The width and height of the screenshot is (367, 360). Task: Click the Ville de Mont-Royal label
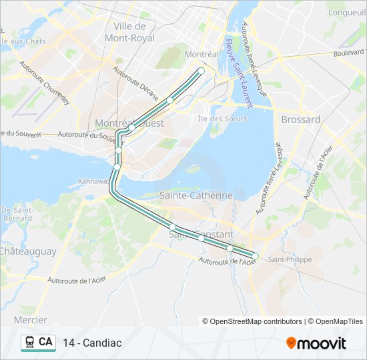pyautogui.click(x=134, y=32)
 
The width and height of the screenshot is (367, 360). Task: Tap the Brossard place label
pyautogui.click(x=300, y=119)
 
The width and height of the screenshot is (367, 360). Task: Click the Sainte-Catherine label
pyautogui.click(x=196, y=195)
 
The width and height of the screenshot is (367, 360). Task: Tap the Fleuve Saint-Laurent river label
pyautogui.click(x=238, y=73)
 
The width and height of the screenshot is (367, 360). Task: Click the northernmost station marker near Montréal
pyautogui.click(x=201, y=71)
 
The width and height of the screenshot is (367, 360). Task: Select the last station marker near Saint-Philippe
pyautogui.click(x=255, y=256)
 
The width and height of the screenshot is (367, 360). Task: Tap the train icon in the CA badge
pyautogui.click(x=29, y=343)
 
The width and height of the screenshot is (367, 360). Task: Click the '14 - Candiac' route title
pyautogui.click(x=92, y=343)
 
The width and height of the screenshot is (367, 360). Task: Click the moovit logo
pyautogui.click(x=316, y=343)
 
